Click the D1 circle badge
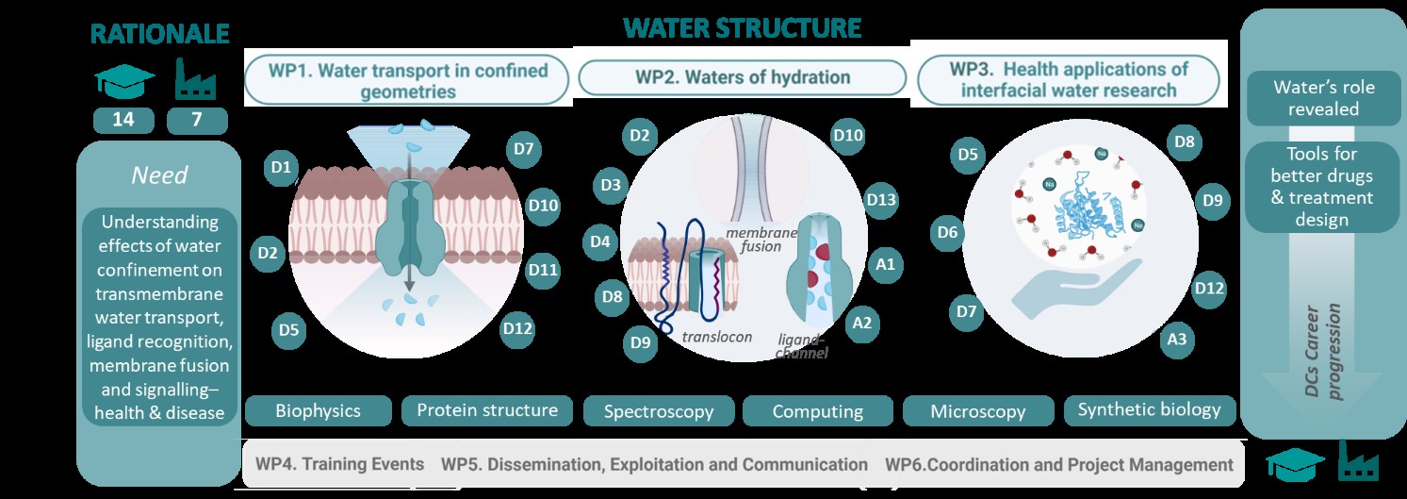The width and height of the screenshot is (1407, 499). coord(281,168)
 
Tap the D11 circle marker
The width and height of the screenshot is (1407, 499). coord(543,270)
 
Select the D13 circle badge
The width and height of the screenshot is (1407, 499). coord(880,201)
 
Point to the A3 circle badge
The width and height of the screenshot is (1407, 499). coord(1176,340)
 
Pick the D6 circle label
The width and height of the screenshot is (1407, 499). coord(947,233)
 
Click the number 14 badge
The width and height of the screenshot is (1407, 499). coord(123,120)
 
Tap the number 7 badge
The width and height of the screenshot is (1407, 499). coord(197,120)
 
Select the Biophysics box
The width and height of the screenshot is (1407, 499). coord(319,411)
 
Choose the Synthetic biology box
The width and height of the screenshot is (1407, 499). coord(1150,410)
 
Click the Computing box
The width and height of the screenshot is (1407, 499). coord(818,411)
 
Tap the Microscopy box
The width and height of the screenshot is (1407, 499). coord(978,411)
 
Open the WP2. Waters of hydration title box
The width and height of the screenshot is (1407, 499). coord(743,78)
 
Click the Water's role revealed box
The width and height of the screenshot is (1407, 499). coord(1323,98)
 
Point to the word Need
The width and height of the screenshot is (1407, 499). coord(159,175)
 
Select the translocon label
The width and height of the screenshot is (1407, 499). coord(716,337)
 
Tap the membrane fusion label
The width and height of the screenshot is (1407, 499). coord(761,240)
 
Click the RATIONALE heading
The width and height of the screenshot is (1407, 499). coord(160,34)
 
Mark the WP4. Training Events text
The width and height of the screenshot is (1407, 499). coord(340,464)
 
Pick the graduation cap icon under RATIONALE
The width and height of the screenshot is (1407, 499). coord(124,81)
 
